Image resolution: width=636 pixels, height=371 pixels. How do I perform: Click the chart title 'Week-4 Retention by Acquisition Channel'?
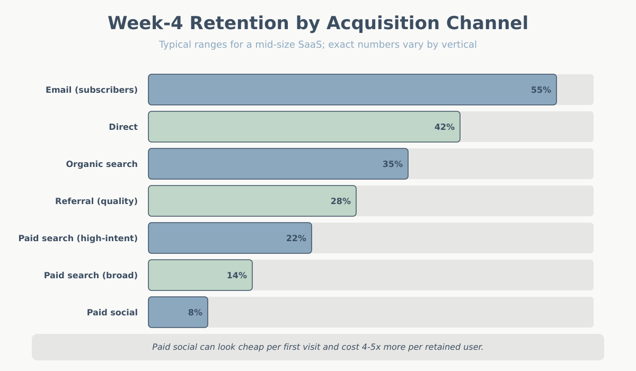pyautogui.click(x=318, y=24)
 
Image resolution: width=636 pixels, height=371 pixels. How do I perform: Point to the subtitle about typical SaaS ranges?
pyautogui.click(x=318, y=45)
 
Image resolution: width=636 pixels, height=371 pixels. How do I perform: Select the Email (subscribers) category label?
pyautogui.click(x=92, y=90)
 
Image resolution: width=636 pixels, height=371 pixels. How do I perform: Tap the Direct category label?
pyautogui.click(x=123, y=127)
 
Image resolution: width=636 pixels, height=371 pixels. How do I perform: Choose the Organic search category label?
pyautogui.click(x=102, y=164)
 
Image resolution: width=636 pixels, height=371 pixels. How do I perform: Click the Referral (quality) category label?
pyautogui.click(x=96, y=201)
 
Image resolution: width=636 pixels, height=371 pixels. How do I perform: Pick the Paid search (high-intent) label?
pyautogui.click(x=78, y=238)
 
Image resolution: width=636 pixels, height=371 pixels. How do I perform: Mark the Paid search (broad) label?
pyautogui.click(x=91, y=276)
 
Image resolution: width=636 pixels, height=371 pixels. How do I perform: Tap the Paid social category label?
pyautogui.click(x=112, y=313)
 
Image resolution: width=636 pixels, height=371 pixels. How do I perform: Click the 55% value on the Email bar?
pyautogui.click(x=541, y=90)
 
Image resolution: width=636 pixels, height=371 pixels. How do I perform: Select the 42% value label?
pyautogui.click(x=444, y=127)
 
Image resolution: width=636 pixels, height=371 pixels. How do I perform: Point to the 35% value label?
pyautogui.click(x=392, y=164)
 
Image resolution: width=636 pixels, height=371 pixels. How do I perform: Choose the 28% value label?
pyautogui.click(x=340, y=201)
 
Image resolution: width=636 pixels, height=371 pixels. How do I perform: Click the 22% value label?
pyautogui.click(x=296, y=238)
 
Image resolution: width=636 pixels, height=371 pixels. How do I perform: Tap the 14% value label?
pyautogui.click(x=236, y=276)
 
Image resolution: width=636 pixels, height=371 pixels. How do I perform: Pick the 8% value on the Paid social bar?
pyautogui.click(x=195, y=313)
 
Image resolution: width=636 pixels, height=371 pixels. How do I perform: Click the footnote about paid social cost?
pyautogui.click(x=318, y=347)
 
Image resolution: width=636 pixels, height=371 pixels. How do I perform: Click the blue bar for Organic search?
pyautogui.click(x=265, y=164)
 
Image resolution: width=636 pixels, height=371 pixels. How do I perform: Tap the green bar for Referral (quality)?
pyautogui.click(x=238, y=201)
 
